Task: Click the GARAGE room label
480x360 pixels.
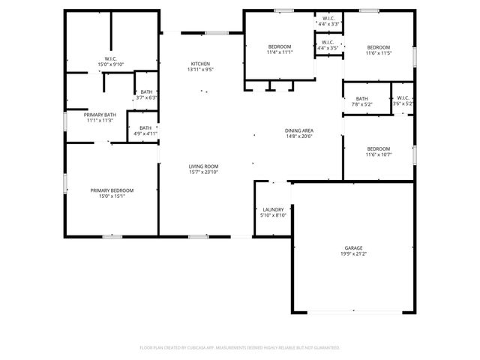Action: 355,247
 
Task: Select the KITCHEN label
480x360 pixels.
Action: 200,64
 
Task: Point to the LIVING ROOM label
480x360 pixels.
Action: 202,166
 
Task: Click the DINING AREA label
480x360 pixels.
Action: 298,130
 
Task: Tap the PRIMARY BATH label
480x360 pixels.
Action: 99,115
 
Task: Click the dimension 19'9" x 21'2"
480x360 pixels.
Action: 355,253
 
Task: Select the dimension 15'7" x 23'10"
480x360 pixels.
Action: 202,172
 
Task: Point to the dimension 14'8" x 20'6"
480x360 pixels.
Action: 298,136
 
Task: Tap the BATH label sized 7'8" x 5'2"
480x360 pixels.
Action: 362,98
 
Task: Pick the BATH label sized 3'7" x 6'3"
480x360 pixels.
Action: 146,91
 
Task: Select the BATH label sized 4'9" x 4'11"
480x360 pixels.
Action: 145,127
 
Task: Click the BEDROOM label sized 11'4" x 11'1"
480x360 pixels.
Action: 279,47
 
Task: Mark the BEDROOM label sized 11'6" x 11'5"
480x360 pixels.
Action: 378,47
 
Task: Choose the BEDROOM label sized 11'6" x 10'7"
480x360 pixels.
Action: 378,148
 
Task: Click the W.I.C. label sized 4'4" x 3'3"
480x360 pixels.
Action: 328,18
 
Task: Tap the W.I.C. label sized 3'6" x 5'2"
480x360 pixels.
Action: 403,97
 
